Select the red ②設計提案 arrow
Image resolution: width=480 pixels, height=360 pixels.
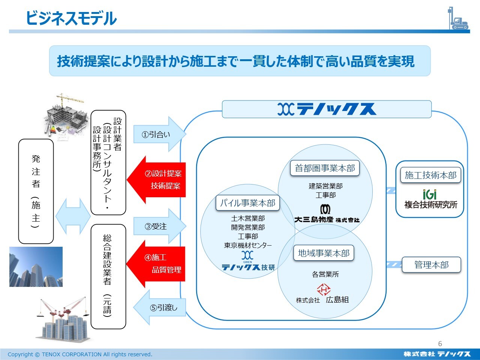(x=159, y=180)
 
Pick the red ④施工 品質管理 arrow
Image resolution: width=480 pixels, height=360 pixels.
(x=159, y=263)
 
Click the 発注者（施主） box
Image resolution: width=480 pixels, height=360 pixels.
(x=36, y=191)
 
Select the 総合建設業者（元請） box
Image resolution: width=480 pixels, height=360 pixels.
(x=108, y=276)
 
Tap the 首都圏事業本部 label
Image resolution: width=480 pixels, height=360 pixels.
(x=325, y=168)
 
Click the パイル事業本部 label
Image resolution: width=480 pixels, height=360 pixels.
(x=247, y=203)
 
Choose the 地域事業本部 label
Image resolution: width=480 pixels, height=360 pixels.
(x=323, y=253)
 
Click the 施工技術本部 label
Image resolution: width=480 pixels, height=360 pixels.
(x=430, y=175)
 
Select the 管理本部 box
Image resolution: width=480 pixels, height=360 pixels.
(x=431, y=265)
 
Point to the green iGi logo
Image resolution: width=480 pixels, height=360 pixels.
(x=430, y=194)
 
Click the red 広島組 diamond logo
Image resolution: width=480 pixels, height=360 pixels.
(x=324, y=289)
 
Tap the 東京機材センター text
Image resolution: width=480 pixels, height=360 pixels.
(x=248, y=245)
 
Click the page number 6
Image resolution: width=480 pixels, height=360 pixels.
(x=440, y=343)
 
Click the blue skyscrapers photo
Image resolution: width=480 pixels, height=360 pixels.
(x=36, y=267)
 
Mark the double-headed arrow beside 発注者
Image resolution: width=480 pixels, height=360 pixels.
(x=73, y=216)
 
